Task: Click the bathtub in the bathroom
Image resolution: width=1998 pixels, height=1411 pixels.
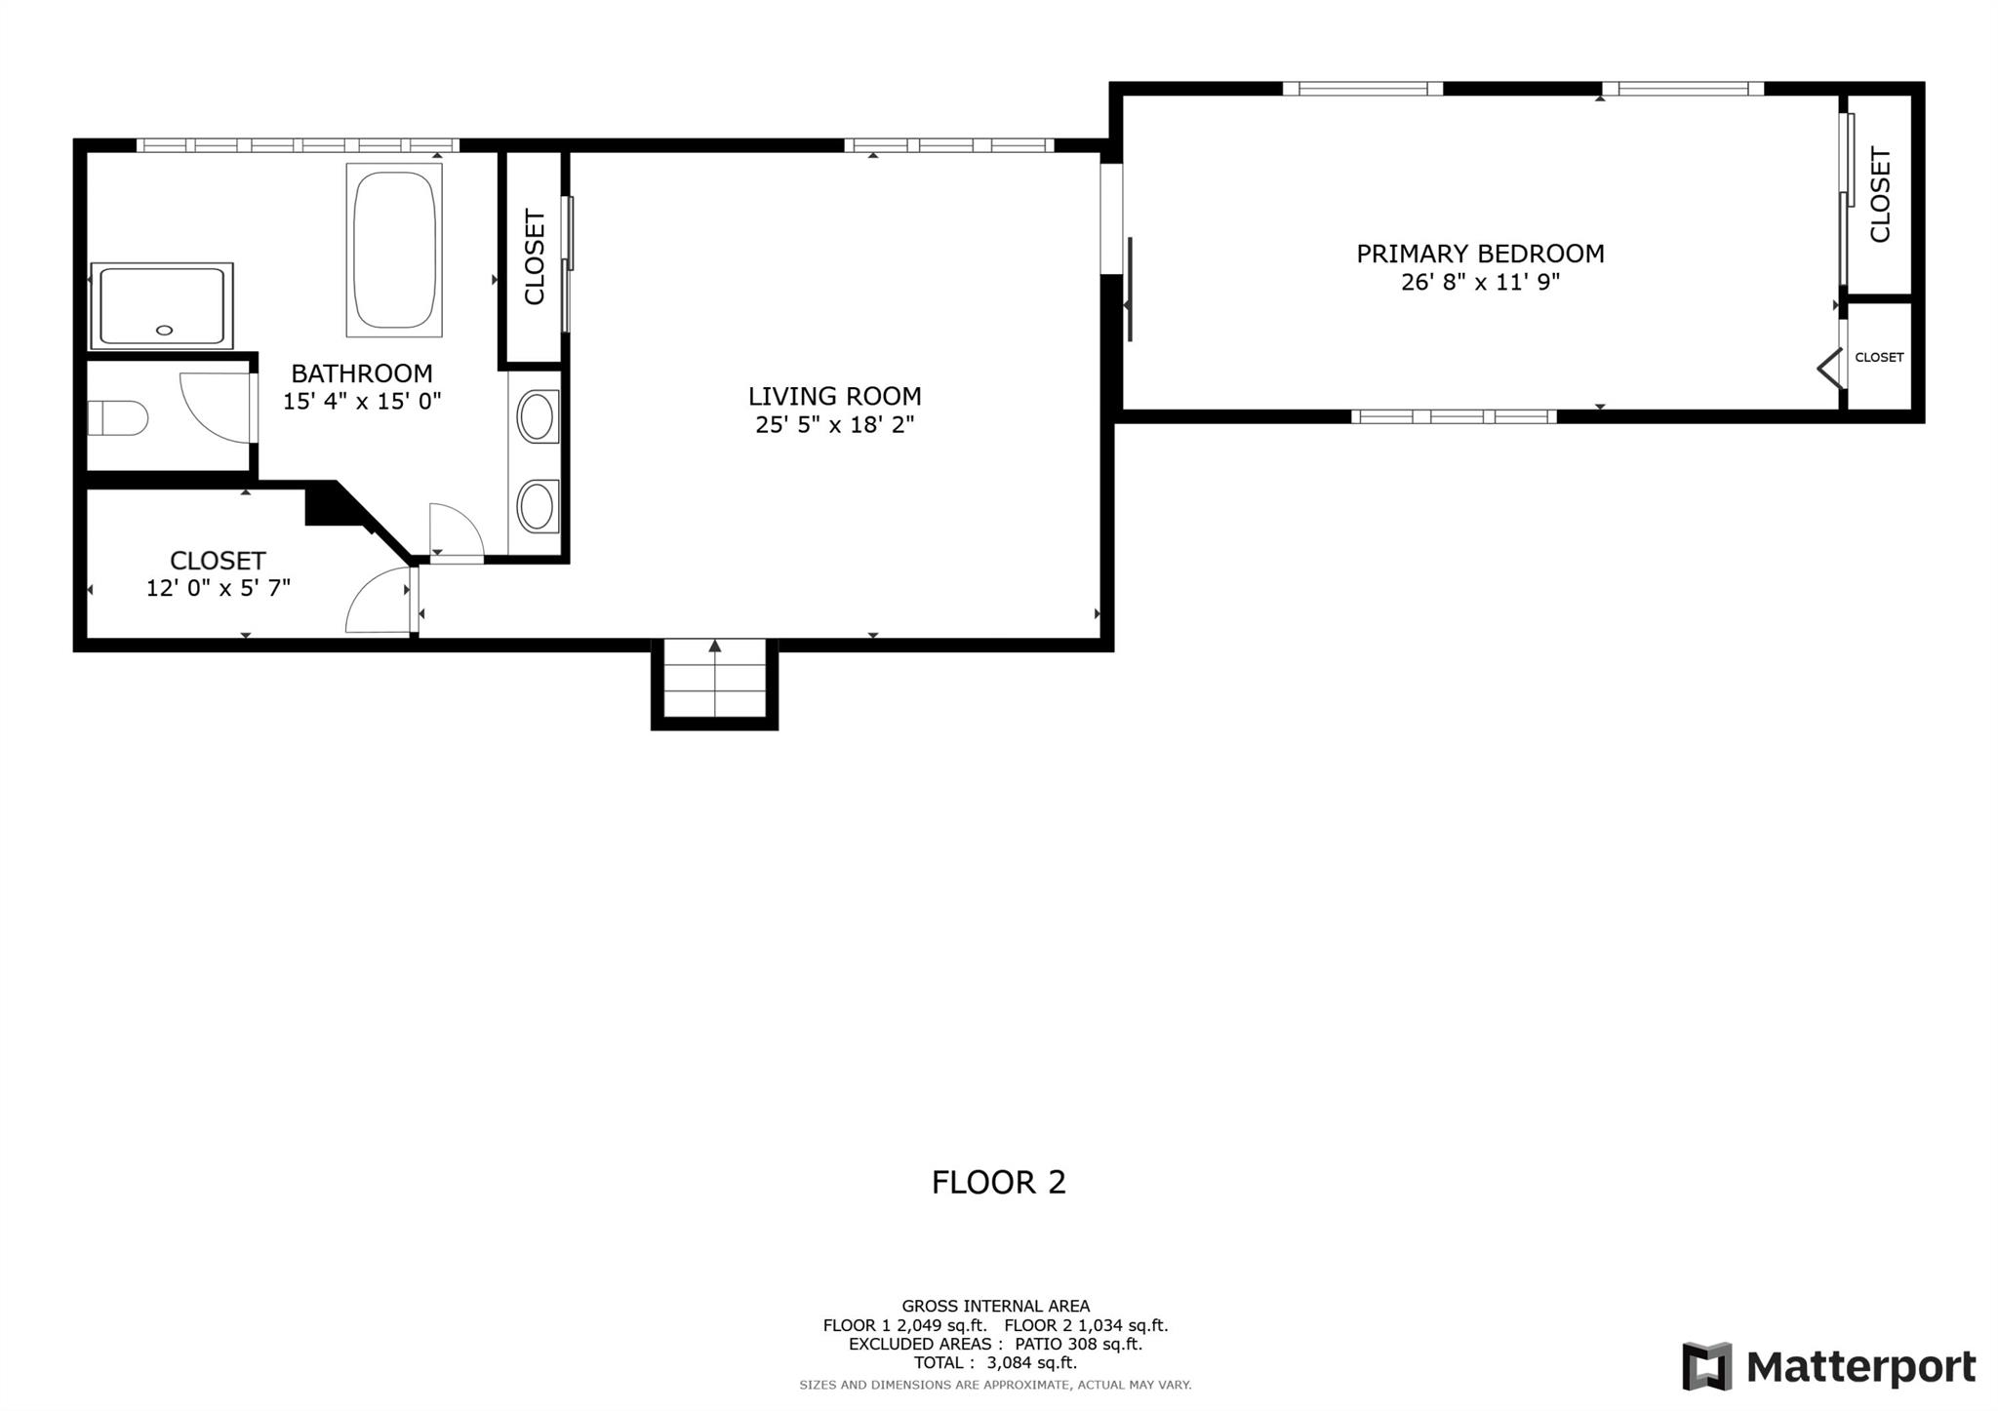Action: coord(394,251)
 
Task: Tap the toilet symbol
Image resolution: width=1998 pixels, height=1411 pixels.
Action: coord(118,418)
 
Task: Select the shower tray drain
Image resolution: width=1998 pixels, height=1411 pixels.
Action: coord(164,330)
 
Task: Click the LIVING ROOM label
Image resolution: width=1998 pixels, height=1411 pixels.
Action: coord(835,396)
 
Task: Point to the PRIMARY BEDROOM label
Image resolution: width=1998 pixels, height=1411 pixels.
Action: coord(1480,254)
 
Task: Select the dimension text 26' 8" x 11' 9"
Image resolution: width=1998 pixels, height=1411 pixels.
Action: coord(1480,283)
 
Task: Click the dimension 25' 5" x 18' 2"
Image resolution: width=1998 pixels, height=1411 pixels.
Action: coord(835,425)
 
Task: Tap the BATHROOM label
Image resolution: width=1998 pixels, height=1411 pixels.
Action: coord(362,373)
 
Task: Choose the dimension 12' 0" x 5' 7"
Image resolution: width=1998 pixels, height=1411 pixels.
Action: coord(219,588)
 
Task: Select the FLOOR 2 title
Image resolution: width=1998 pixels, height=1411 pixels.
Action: coord(999,1182)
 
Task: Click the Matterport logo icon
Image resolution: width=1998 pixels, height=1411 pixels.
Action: coord(1706,1366)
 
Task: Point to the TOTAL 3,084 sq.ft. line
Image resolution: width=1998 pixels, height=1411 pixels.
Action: coord(995,1363)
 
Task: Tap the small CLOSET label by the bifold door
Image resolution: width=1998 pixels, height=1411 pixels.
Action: coord(1879,357)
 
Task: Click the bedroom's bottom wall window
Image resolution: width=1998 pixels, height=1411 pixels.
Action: coord(1454,416)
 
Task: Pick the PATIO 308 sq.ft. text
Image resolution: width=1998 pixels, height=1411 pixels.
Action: coord(1078,1344)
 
